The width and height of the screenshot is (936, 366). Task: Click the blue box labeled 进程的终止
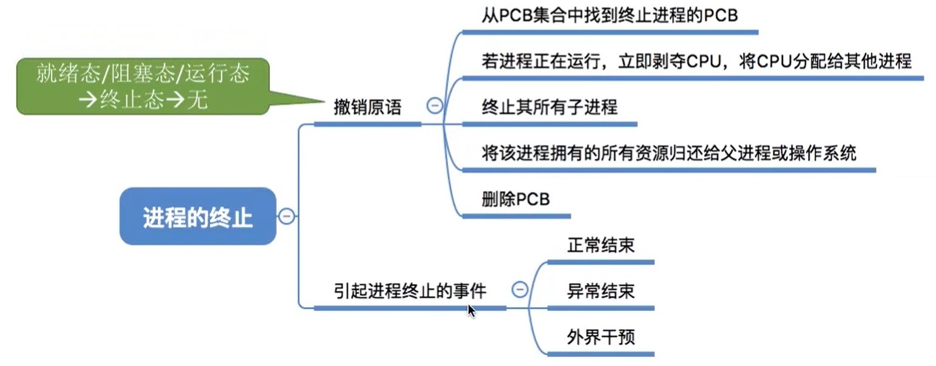point(198,216)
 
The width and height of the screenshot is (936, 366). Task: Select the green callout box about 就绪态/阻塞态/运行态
point(143,86)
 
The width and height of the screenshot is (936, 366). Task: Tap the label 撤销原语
point(368,107)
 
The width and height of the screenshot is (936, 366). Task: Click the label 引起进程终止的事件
point(410,291)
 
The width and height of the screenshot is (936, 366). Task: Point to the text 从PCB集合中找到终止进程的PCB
point(609,15)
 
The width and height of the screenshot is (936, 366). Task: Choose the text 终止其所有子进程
point(549,107)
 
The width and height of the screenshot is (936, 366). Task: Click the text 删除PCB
point(515,199)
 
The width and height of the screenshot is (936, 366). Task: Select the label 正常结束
point(601,245)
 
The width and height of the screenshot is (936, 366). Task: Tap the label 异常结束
point(601,291)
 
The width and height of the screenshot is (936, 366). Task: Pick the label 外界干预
point(601,337)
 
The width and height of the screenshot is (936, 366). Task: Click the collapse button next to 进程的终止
point(287,216)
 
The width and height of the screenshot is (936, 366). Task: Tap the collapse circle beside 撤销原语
point(435,105)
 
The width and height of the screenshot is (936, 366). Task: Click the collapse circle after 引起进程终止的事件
point(520,289)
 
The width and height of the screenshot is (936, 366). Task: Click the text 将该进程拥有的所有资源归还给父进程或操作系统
point(669,153)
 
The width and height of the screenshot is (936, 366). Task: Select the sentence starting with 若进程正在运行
point(697,61)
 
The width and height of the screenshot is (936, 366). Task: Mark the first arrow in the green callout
point(88,100)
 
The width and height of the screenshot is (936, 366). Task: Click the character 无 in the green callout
point(197,100)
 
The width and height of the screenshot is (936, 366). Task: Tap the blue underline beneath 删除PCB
point(517,216)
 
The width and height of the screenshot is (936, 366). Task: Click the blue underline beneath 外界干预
point(601,354)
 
